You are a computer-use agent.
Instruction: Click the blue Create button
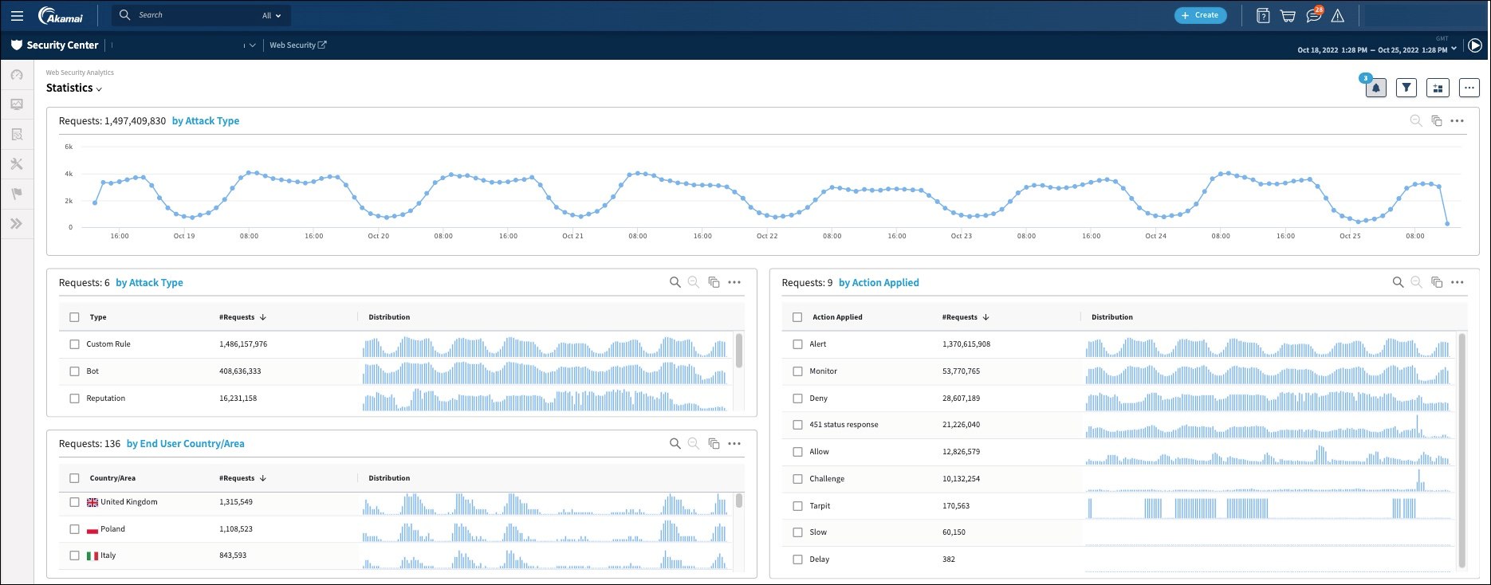(1200, 15)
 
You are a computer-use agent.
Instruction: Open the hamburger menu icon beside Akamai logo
(17, 15)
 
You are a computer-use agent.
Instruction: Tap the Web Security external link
(297, 45)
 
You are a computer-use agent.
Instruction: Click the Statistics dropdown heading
(74, 88)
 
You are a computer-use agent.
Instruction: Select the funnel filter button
(1406, 88)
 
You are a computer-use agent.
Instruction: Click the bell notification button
(1375, 88)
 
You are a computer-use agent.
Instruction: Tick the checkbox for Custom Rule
(74, 344)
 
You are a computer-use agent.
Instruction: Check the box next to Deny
(797, 399)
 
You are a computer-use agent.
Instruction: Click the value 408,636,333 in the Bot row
(240, 371)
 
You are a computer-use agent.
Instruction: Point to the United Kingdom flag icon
(92, 502)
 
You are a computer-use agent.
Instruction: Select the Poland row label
(112, 529)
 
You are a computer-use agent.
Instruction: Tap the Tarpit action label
(820, 506)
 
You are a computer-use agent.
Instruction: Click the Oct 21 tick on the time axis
(572, 236)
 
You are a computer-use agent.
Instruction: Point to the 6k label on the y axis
(69, 147)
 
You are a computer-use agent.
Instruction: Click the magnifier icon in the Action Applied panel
(1398, 282)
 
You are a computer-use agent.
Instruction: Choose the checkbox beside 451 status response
(797, 425)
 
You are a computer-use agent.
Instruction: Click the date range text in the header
(1372, 50)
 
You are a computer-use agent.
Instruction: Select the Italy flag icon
(92, 556)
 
